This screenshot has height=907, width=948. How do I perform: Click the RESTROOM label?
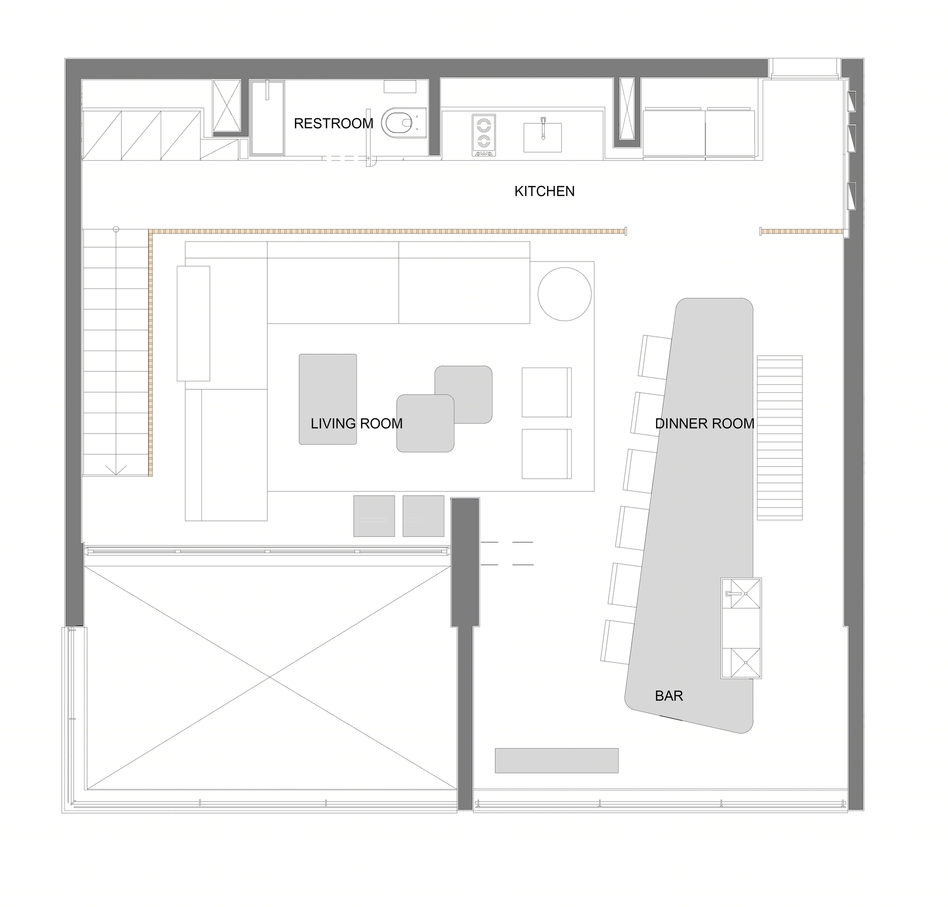coord(333,124)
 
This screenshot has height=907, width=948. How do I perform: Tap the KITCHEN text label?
coord(545,192)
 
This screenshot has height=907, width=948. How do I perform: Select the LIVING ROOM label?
coord(356,424)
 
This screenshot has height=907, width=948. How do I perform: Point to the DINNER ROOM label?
coord(704,424)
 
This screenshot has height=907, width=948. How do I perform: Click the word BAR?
coord(669,696)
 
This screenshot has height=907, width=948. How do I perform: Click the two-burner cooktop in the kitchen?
coord(483,135)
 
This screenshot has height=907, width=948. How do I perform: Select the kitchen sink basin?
coord(543,137)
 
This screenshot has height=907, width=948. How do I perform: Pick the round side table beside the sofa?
coord(565,294)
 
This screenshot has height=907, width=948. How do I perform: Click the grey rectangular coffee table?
coord(328,399)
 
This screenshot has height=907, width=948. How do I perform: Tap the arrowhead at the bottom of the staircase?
coord(116,470)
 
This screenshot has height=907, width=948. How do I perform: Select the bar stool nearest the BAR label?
coord(617,642)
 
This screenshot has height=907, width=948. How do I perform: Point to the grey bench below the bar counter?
coord(556,760)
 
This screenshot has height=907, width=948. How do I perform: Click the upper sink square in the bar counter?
coord(741,593)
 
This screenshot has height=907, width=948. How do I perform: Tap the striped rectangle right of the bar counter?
coord(779,437)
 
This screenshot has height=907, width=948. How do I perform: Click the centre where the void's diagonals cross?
coord(270,678)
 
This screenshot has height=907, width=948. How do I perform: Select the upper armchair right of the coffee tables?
coord(547,392)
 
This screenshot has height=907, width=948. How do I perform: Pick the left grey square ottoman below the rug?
coord(374,516)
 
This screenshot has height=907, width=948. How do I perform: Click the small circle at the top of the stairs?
coord(116,229)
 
